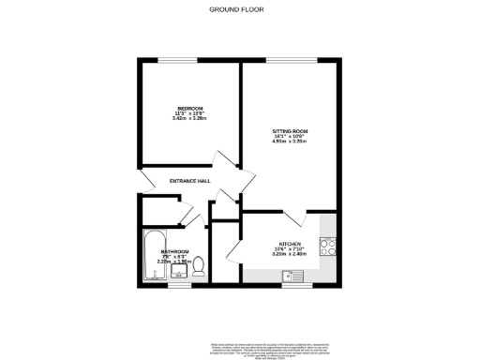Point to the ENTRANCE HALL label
(189, 181)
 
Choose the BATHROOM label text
(174, 252)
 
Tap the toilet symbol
(199, 268)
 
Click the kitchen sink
(292, 276)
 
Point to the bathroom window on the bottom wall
(174, 285)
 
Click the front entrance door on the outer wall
(141, 180)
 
